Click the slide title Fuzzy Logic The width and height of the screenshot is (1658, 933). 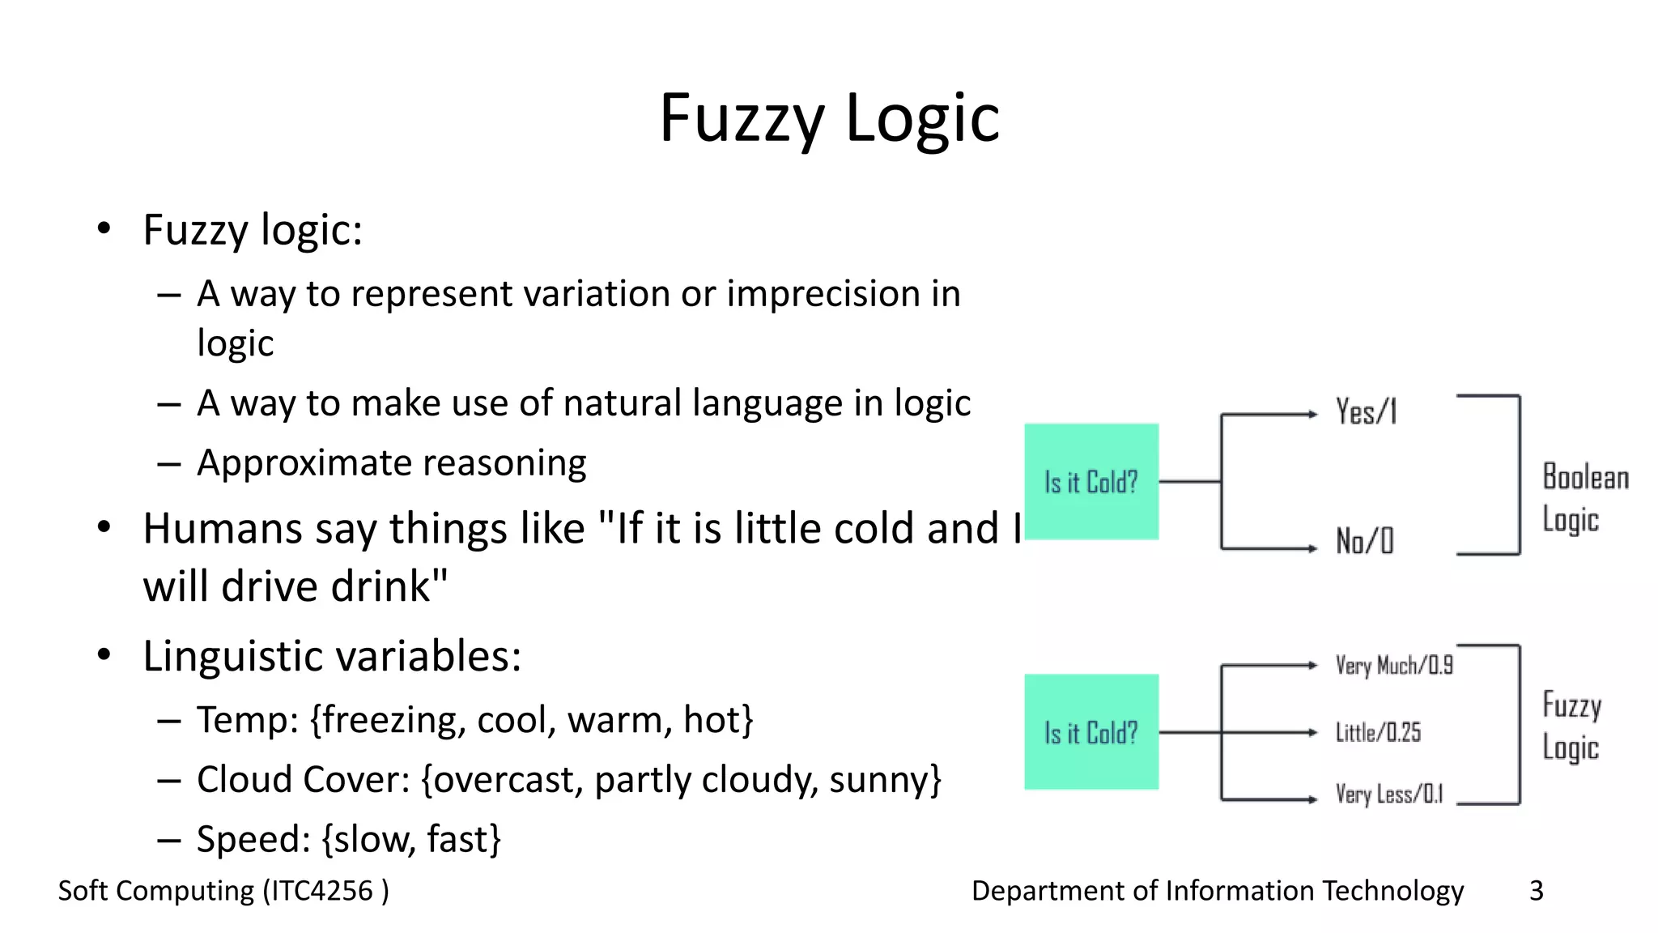[x=829, y=118]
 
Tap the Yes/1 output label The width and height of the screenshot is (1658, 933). [x=1366, y=412]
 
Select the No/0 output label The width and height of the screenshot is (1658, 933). [x=1365, y=541]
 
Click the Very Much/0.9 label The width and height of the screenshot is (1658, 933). [x=1393, y=666]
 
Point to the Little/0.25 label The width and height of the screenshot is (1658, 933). [x=1378, y=733]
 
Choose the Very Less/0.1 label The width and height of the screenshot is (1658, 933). [x=1388, y=795]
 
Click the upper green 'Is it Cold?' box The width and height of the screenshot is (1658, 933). [x=1091, y=482]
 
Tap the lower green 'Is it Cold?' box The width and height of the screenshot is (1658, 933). [x=1091, y=732]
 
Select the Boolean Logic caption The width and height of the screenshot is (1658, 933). [x=1585, y=498]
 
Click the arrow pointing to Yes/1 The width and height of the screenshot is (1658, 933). [x=1271, y=415]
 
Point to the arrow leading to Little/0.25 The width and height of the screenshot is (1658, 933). [x=1271, y=733]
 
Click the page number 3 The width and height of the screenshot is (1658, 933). [x=1536, y=891]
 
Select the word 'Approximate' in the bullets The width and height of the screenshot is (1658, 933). [x=304, y=464]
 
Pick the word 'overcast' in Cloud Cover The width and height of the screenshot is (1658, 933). [x=508, y=780]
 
